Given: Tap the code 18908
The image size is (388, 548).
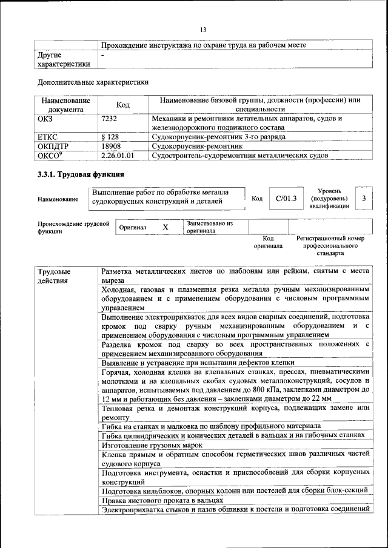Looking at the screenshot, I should [112, 146].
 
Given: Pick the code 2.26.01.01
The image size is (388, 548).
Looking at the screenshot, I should [118, 156].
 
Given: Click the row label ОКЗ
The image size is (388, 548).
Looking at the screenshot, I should [45, 119].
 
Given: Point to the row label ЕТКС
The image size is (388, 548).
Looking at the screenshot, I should [48, 137].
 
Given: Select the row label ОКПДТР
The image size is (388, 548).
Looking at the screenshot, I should [53, 146].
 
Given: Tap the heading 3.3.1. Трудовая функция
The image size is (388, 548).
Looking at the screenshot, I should [81, 175].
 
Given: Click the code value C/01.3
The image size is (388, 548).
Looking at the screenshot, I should [286, 198].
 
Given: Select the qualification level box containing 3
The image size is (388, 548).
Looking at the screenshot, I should [364, 198].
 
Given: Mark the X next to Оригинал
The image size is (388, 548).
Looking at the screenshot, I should [165, 226].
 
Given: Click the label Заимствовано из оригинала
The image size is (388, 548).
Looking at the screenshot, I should [210, 226].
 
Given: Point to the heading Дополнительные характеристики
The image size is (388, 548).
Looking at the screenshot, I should [93, 82].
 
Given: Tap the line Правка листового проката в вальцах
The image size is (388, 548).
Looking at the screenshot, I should [162, 500].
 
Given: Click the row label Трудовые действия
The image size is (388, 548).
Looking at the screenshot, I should [54, 276].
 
